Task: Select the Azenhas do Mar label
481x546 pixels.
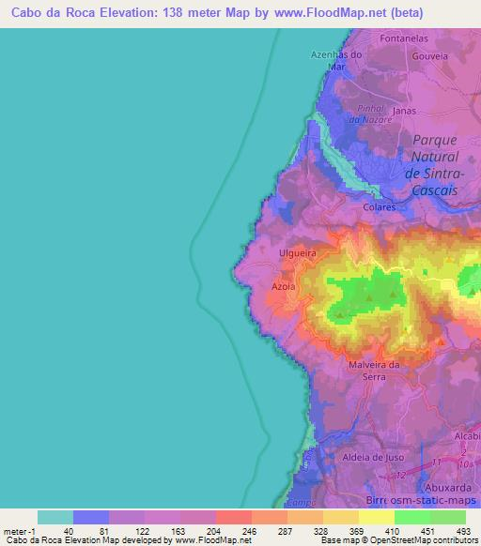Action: click(x=336, y=60)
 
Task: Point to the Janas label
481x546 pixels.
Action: click(x=405, y=110)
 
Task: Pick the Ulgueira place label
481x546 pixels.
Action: click(x=296, y=253)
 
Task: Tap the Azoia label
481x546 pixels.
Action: click(x=283, y=284)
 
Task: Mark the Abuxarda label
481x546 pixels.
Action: click(x=448, y=488)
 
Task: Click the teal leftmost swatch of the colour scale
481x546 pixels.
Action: click(x=55, y=517)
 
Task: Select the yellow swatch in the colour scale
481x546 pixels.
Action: click(x=377, y=517)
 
